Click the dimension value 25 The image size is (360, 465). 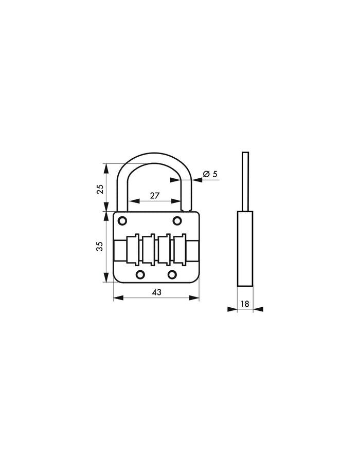(x=101, y=188)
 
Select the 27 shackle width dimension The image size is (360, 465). (x=154, y=195)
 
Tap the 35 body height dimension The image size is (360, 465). (x=101, y=246)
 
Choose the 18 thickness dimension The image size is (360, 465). (x=245, y=304)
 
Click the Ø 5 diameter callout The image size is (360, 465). (x=210, y=174)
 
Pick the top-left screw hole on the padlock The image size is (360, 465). (x=122, y=221)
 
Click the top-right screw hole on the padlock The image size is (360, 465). (x=177, y=221)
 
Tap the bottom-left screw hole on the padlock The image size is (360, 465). (x=139, y=274)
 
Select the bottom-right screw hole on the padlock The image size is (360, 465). (x=172, y=274)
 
